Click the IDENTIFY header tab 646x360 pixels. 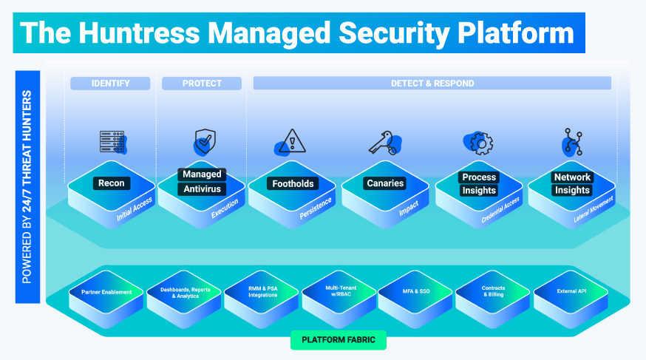point(110,84)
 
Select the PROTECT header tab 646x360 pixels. point(202,84)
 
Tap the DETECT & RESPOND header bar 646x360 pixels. point(432,84)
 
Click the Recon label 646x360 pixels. point(111,183)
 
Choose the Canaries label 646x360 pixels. point(384,183)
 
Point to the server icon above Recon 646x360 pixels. point(112,141)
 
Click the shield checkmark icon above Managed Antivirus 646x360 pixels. point(204,140)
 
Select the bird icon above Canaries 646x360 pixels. point(384,141)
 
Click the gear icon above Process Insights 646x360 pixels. point(477,142)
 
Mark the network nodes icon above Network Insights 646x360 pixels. point(571,141)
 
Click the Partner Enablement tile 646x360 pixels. point(106,292)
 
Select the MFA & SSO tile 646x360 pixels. point(415,292)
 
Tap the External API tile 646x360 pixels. point(570,292)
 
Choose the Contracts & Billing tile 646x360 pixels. point(493,292)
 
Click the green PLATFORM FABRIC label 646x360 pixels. point(339,341)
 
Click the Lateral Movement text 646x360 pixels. point(594,209)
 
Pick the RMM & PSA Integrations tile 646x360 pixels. point(262,292)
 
